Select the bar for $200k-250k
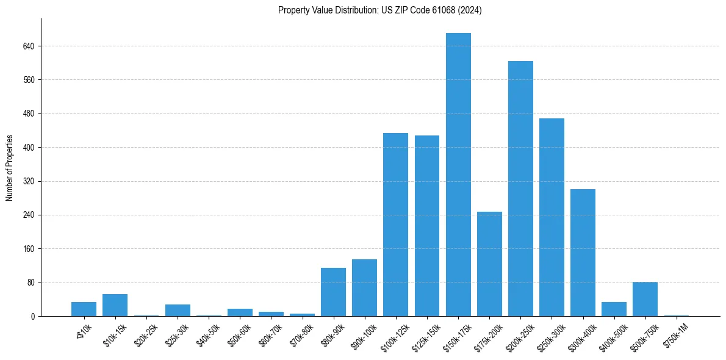(x=520, y=189)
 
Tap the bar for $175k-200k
(x=489, y=264)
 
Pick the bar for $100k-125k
(x=395, y=225)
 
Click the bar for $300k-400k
(x=583, y=253)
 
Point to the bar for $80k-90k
(x=333, y=292)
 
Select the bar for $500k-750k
(x=645, y=299)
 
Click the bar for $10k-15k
(x=115, y=305)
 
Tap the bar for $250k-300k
(x=552, y=217)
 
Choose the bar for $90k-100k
(x=364, y=287)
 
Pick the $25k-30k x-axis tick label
(x=176, y=334)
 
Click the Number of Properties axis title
(x=9, y=168)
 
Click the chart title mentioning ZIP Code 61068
(x=380, y=10)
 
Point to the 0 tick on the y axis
(x=34, y=317)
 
